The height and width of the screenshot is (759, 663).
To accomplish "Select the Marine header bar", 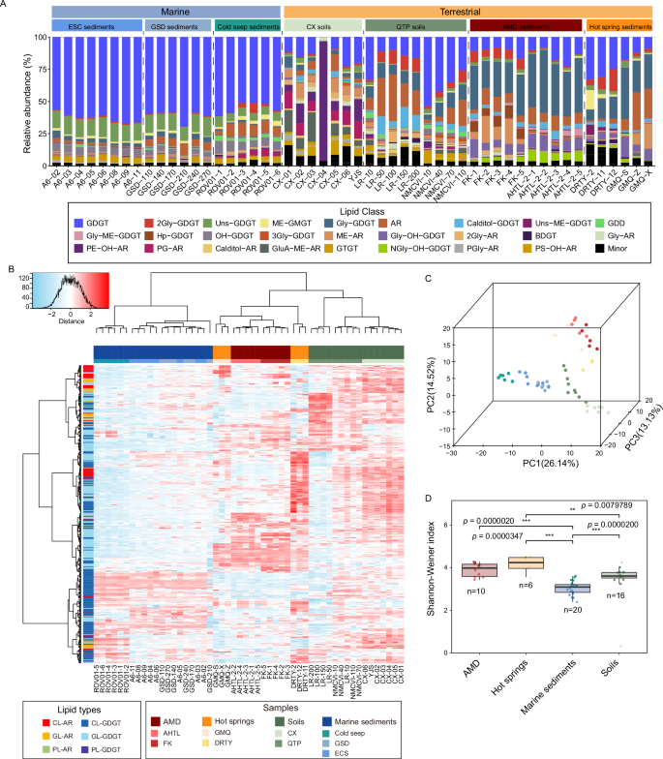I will click(x=166, y=10).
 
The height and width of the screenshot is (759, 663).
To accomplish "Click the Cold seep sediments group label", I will click(x=247, y=27).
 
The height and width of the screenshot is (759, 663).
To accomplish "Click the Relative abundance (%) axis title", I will click(x=13, y=100).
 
